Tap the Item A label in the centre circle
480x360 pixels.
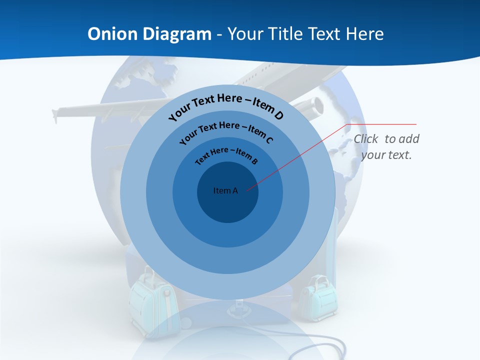pos(225,190)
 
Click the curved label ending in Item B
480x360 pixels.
pos(226,154)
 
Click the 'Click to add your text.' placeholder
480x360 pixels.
pos(386,146)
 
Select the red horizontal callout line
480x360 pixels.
pos(382,124)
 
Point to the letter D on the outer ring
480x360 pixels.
pos(278,115)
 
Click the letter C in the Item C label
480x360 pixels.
pos(269,140)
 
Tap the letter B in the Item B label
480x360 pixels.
pos(254,161)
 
